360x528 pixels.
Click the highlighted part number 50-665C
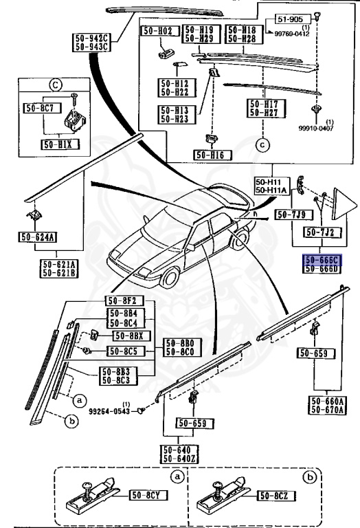coord(322,258)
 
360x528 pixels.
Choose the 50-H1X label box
coord(60,145)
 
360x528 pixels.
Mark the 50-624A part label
coord(37,238)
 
